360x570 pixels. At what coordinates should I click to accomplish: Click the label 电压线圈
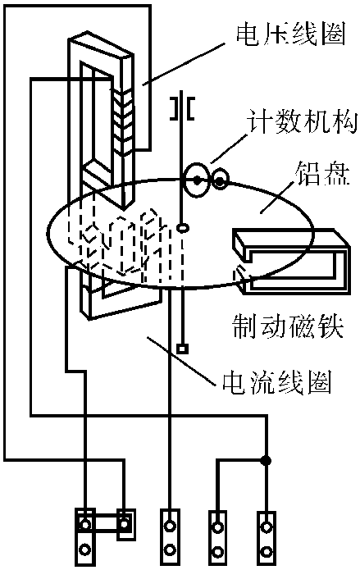click(x=290, y=35)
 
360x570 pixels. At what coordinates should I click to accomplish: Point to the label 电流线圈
click(x=277, y=384)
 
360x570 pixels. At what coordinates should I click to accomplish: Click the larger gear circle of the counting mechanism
click(x=197, y=180)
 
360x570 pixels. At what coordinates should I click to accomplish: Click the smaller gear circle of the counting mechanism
click(x=220, y=180)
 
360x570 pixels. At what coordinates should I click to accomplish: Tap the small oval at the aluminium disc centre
click(x=183, y=228)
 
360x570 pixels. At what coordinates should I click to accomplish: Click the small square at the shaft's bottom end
click(x=182, y=349)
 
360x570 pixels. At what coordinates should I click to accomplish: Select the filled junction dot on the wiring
click(x=267, y=461)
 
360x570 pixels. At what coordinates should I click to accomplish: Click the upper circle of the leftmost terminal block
click(x=85, y=525)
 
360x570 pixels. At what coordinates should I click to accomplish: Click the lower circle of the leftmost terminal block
click(x=85, y=549)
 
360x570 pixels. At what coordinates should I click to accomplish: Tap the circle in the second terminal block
click(x=125, y=524)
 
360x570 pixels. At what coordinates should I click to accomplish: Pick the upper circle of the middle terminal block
click(x=170, y=525)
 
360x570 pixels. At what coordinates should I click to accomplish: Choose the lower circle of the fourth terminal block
click(x=217, y=551)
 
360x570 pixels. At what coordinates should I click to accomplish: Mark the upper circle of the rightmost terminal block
click(x=267, y=527)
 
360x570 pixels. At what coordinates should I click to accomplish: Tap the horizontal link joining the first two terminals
click(x=105, y=524)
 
